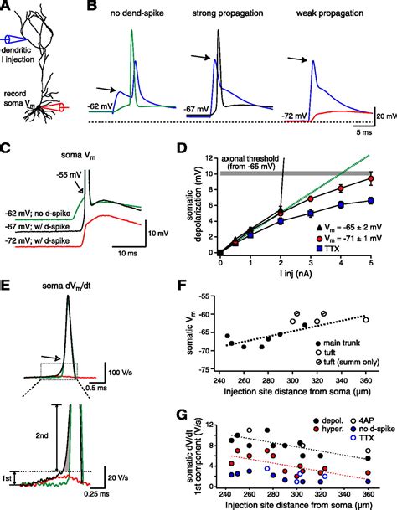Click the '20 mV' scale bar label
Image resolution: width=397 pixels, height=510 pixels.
click(x=384, y=116)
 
